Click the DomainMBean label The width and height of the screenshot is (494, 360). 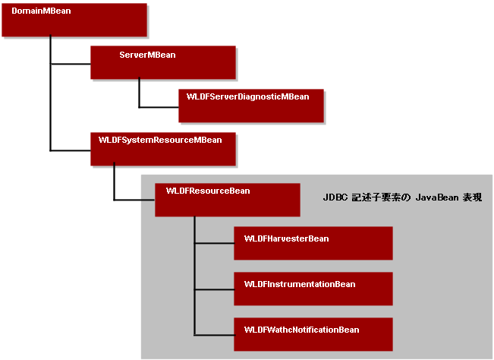pyautogui.click(x=41, y=11)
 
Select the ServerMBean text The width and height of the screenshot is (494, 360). pyautogui.click(x=147, y=55)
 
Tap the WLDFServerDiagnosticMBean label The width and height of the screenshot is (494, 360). pyautogui.click(x=247, y=96)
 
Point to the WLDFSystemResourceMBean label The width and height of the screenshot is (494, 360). pyautogui.click(x=160, y=141)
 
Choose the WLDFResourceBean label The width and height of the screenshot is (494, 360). pyautogui.click(x=208, y=191)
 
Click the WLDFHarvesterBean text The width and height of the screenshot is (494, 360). pyautogui.click(x=286, y=238)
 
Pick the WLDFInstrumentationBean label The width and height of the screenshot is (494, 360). pyautogui.click(x=300, y=284)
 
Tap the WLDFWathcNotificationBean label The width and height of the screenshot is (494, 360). pyautogui.click(x=301, y=330)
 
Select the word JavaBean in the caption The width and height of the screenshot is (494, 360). pyautogui.click(x=437, y=197)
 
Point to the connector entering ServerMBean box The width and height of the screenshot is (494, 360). pyautogui.click(x=71, y=64)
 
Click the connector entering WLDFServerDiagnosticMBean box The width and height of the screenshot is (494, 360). pyautogui.click(x=159, y=107)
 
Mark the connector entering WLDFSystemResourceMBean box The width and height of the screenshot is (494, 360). pyautogui.click(x=71, y=150)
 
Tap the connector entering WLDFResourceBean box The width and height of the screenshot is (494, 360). pyautogui.click(x=134, y=200)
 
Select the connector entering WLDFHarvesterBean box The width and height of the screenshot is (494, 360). pyautogui.click(x=214, y=243)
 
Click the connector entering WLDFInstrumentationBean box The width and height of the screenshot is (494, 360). pyautogui.click(x=214, y=289)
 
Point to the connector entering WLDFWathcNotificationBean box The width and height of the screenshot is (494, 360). pyautogui.click(x=214, y=335)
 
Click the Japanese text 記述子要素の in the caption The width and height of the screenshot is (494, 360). pyautogui.click(x=381, y=197)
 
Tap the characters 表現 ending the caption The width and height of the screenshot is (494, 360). pyautogui.click(x=472, y=197)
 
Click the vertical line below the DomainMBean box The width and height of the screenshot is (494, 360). pyautogui.click(x=50, y=93)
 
